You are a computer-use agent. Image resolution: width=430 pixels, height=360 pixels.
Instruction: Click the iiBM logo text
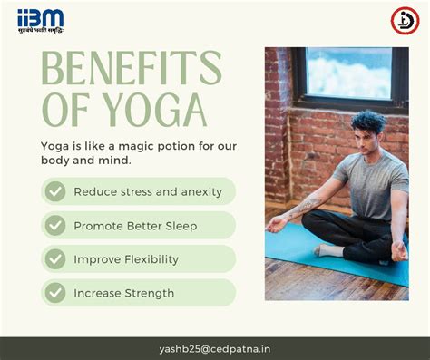click(40, 17)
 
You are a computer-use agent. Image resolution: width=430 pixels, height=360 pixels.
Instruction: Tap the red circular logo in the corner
click(404, 20)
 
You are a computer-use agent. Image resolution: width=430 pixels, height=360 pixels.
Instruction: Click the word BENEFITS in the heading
click(131, 70)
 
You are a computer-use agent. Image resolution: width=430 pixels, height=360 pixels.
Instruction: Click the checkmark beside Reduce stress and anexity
click(55, 191)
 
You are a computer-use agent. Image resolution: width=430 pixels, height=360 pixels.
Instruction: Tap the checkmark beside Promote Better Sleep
click(55, 225)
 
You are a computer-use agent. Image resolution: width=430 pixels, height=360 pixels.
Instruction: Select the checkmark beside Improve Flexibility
click(55, 259)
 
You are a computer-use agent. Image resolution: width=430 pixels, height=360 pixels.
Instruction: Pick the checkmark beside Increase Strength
click(55, 293)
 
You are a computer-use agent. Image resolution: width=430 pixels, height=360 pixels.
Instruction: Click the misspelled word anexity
click(200, 191)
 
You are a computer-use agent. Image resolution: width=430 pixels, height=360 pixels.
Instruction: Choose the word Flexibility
click(149, 259)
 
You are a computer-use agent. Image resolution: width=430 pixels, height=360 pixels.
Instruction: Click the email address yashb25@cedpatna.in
click(214, 348)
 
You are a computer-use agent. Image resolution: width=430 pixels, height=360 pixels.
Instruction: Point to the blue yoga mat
click(299, 249)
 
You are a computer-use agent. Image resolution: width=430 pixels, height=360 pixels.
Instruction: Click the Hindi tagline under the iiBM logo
click(40, 31)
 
